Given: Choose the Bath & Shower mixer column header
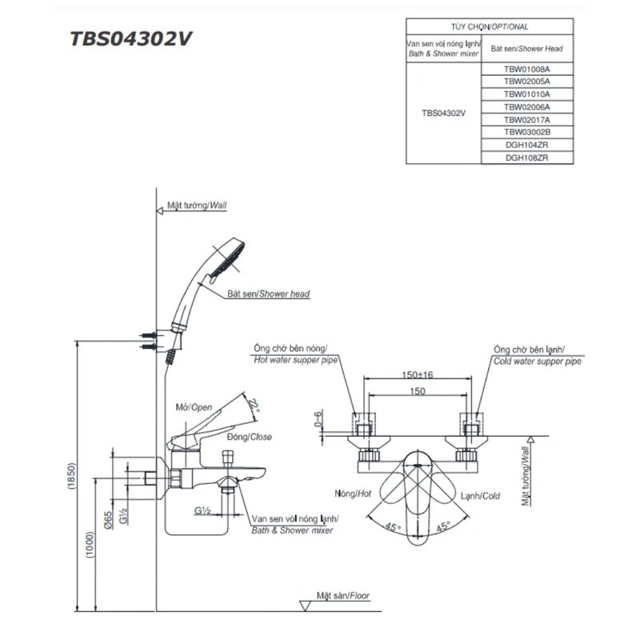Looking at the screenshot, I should click(443, 48).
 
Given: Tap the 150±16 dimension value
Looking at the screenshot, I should click(417, 374).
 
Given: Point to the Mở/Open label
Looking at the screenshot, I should click(194, 407).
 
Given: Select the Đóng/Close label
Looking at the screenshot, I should click(254, 438).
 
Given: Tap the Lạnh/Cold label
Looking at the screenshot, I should click(480, 496).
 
